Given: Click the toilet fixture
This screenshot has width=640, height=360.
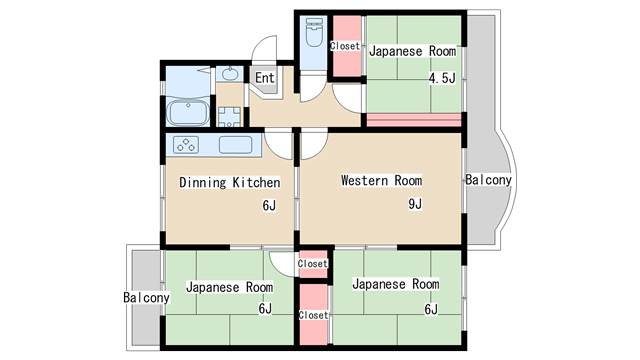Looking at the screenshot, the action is click(x=314, y=32).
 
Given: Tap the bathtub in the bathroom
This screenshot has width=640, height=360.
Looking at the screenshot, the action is click(x=188, y=113).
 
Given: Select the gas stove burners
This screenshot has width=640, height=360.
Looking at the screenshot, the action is click(x=186, y=145).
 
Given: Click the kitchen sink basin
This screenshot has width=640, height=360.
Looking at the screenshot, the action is click(x=236, y=145).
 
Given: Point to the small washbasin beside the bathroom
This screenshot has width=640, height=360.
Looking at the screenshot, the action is click(x=229, y=75).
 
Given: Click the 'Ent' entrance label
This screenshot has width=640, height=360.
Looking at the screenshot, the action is click(x=265, y=77).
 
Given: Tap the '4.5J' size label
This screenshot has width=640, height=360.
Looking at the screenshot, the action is click(x=442, y=78).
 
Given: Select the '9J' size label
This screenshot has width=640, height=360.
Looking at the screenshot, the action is click(x=415, y=204).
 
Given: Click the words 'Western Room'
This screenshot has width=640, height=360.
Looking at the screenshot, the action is click(x=382, y=180).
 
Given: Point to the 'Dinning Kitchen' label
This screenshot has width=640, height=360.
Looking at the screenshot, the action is click(x=230, y=182).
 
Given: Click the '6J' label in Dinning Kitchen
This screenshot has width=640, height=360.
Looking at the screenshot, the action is click(x=269, y=206).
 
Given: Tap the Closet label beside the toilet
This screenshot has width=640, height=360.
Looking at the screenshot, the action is click(x=345, y=46).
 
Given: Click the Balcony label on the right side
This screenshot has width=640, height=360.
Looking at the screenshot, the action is click(x=488, y=180).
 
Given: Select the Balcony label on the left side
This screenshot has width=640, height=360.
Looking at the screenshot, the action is click(x=146, y=298).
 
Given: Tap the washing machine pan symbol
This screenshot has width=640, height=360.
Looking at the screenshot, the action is click(x=229, y=117).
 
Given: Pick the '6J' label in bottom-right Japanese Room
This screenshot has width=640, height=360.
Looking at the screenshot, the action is click(x=431, y=309).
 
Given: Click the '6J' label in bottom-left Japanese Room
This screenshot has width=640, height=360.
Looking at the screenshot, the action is click(x=265, y=309).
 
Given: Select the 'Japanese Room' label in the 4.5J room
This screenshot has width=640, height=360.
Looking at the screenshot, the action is click(x=413, y=51).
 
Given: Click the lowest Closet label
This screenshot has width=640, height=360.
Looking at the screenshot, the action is click(x=313, y=315).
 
